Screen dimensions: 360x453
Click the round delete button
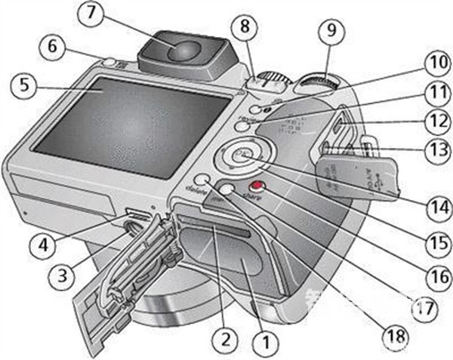[x=202, y=180]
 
